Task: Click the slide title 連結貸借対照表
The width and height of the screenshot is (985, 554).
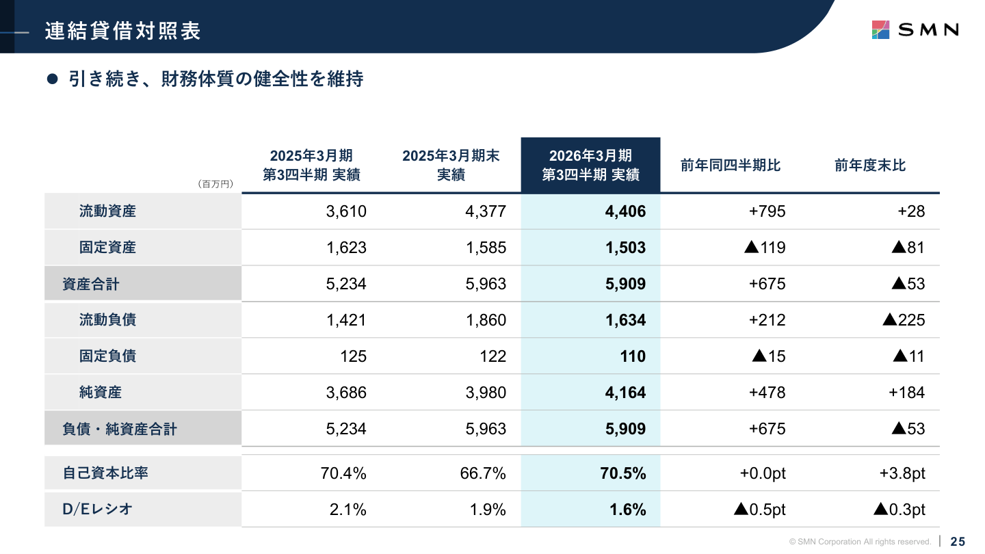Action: coord(123,31)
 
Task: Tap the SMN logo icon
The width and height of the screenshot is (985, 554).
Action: coord(880,29)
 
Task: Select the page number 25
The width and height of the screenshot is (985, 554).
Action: coord(958,542)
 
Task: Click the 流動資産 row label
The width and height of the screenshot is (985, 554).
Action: coord(107,211)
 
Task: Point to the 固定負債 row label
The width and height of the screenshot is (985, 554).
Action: coord(107,356)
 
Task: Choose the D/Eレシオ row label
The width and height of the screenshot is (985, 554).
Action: coord(97,510)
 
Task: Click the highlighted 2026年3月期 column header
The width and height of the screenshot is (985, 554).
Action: coord(590,165)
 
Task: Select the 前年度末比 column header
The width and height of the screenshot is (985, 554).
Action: coord(869,166)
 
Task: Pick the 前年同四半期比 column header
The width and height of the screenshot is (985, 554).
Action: coord(730,166)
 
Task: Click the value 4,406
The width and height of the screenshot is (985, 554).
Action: coord(625,211)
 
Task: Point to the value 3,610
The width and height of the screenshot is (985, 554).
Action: coord(346,211)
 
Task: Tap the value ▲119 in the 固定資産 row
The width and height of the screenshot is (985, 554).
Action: coord(765,248)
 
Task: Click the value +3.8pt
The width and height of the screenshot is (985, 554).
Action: coord(902,473)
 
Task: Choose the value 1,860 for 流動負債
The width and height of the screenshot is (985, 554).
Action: coord(486,320)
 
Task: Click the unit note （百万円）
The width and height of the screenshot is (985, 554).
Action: coord(215,184)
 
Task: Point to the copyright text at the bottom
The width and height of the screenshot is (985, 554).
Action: coord(860,542)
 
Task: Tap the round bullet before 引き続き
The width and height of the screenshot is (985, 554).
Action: coord(51,79)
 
